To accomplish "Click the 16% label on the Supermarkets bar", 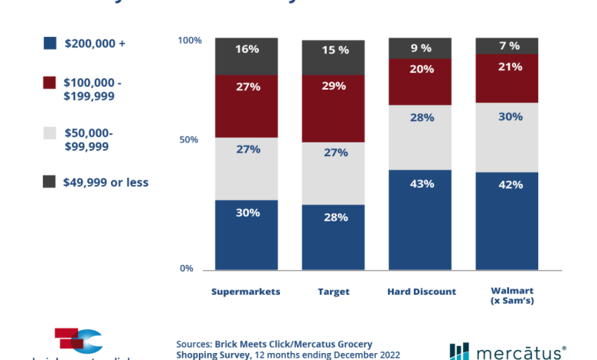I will click(x=246, y=49).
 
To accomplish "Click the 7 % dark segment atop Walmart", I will click(x=507, y=45).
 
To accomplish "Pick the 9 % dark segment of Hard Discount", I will click(x=421, y=47).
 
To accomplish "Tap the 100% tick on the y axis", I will click(x=188, y=39).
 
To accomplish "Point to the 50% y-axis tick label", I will click(x=188, y=140).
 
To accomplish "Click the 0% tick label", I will click(x=187, y=268).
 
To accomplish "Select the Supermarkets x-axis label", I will click(x=246, y=292).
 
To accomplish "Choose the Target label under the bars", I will click(x=334, y=292).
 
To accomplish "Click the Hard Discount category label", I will click(x=421, y=292).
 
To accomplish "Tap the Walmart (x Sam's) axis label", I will click(x=507, y=296).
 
